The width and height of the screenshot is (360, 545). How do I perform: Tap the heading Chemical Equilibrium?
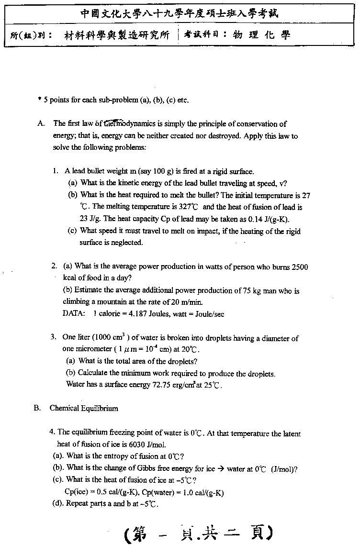point(84,408)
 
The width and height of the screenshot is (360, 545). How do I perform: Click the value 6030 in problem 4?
point(139,445)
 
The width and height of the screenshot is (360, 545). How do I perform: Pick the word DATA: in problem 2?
point(74,314)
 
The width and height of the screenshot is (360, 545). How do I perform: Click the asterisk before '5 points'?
point(39,100)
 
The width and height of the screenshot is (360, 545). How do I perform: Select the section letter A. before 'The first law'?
point(41,123)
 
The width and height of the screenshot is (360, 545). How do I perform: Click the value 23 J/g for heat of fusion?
point(89,219)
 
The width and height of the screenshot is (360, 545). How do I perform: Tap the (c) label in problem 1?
point(73,231)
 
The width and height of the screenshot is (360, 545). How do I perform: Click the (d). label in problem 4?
point(58,503)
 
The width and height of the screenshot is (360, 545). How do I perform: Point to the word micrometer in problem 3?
point(79,349)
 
